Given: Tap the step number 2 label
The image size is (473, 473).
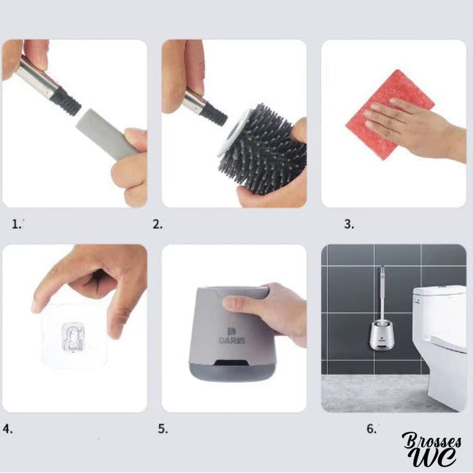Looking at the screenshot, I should pyautogui.click(x=157, y=224).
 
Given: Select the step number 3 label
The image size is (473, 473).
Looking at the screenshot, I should pyautogui.click(x=349, y=224).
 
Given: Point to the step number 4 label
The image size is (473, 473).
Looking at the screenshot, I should pyautogui.click(x=8, y=429).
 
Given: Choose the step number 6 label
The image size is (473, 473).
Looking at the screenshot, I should pyautogui.click(x=371, y=429).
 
